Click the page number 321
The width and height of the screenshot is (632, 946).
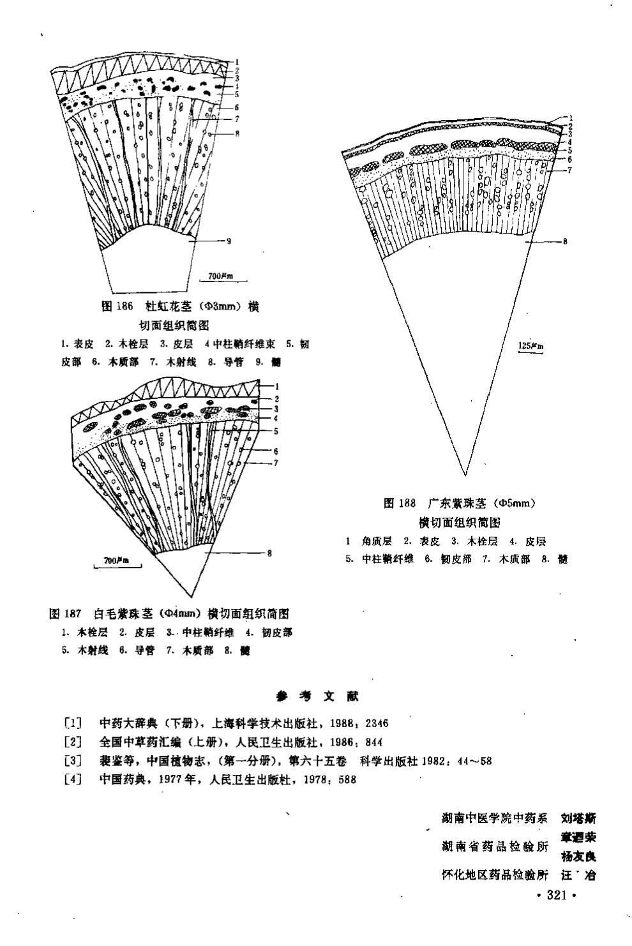point(557,896)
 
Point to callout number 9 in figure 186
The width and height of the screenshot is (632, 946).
point(229,241)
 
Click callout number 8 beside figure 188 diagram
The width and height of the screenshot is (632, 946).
point(566,241)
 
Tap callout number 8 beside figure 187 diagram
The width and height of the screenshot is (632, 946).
point(269,553)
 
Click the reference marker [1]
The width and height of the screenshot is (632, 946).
point(73,723)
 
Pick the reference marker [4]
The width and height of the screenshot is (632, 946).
point(73,779)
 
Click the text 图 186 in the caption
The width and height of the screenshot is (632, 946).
point(117,306)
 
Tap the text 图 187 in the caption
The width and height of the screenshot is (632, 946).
point(66,614)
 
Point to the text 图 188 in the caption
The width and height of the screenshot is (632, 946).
point(400,503)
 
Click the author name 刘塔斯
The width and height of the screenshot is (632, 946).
point(578,818)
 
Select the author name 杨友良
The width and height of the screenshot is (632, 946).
point(578,856)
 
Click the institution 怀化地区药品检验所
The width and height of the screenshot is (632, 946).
point(495,875)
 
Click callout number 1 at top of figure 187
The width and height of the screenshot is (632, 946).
point(278,386)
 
